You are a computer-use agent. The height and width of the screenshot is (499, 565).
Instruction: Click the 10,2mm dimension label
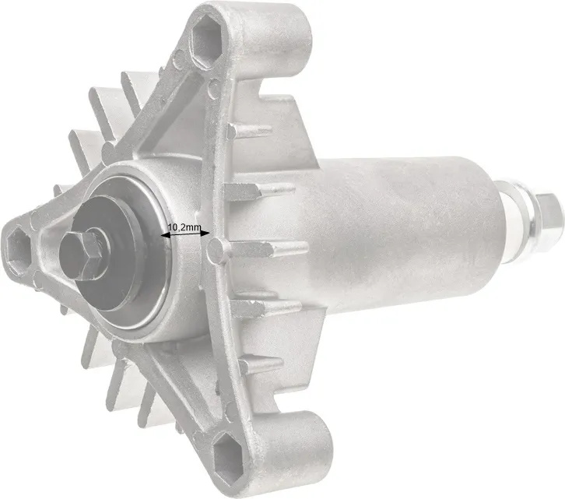[184, 227]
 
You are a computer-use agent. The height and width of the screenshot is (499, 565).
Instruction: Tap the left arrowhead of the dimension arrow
[165, 236]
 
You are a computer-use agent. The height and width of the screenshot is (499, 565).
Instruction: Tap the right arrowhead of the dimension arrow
[205, 234]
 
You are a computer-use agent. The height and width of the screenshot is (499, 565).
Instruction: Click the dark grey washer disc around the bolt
[108, 252]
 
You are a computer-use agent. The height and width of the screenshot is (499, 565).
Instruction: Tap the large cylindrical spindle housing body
[396, 234]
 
